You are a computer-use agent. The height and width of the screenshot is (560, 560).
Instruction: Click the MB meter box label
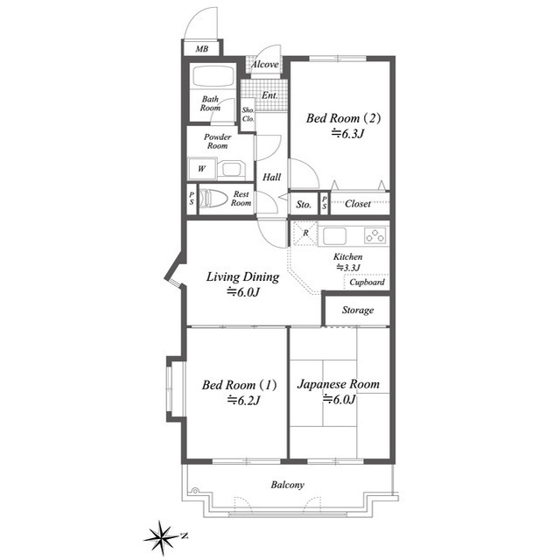click(202, 49)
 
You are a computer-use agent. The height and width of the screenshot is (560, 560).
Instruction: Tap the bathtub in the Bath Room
click(213, 76)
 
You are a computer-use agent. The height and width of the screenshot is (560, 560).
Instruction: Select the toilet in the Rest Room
click(213, 199)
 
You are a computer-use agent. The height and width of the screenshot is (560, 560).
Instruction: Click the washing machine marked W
click(202, 169)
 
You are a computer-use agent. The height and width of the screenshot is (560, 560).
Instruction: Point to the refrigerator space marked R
click(305, 234)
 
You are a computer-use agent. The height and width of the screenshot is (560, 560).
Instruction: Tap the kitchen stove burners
click(375, 235)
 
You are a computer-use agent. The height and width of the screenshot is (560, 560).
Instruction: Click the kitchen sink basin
click(334, 236)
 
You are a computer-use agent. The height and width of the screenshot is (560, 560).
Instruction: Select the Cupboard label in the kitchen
click(367, 282)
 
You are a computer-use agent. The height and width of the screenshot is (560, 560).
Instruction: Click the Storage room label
click(358, 310)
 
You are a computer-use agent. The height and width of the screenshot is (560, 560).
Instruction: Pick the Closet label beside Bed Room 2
click(358, 204)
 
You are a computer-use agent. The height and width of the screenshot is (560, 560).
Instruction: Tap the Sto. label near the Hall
click(304, 205)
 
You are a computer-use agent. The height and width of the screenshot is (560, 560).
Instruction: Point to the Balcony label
click(288, 485)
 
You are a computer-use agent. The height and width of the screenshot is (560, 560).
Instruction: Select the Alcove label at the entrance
click(264, 64)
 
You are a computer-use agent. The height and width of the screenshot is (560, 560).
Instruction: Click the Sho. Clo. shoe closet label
click(248, 115)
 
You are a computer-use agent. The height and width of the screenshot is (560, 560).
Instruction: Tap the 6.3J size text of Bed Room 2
click(347, 134)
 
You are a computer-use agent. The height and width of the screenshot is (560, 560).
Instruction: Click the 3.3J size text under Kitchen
click(348, 267)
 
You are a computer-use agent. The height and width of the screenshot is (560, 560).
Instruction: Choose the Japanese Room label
click(339, 384)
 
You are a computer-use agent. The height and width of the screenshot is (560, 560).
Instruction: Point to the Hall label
click(272, 177)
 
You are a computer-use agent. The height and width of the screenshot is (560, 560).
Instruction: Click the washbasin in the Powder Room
click(231, 169)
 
